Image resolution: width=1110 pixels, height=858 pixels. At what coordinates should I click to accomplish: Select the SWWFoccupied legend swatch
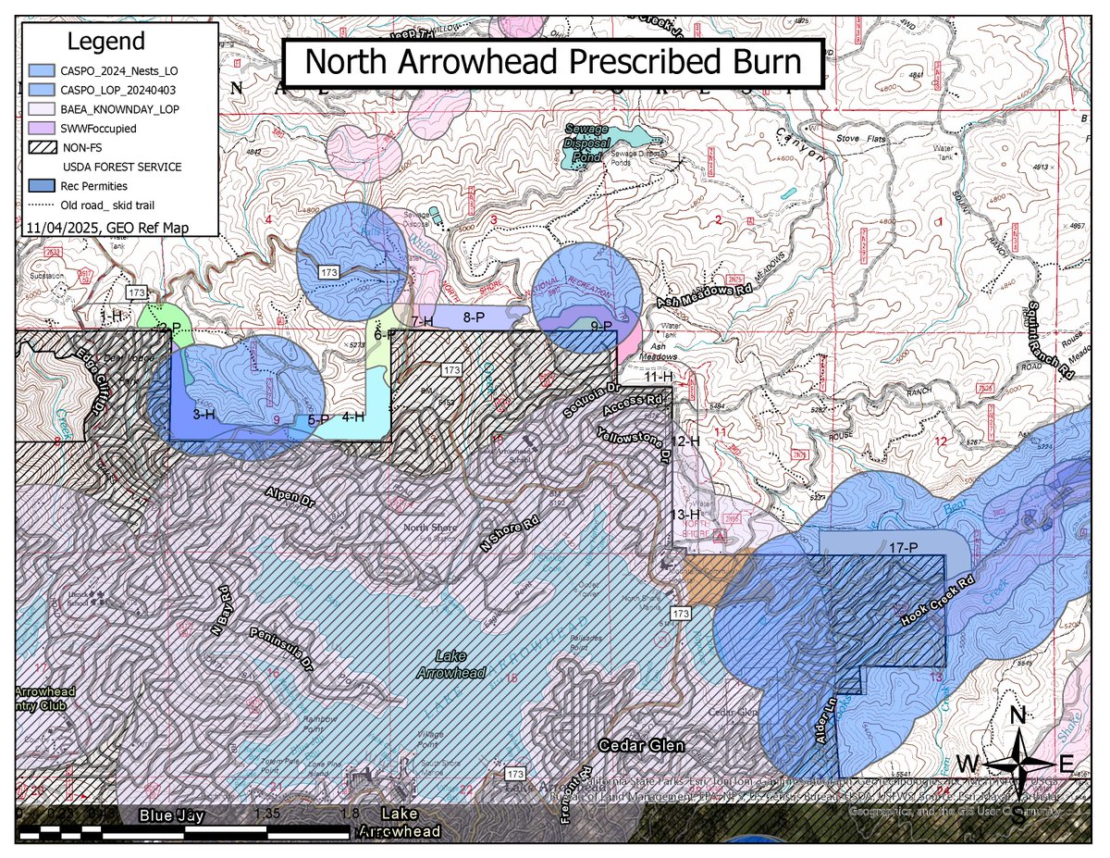pos(42,128)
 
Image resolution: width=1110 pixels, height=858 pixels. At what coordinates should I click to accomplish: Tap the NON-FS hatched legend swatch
pos(42,147)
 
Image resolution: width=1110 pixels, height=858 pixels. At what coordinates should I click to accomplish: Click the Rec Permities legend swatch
pos(42,186)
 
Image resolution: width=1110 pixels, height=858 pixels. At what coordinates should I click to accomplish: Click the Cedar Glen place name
pos(636,745)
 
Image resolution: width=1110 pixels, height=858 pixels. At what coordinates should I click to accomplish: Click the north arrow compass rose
pos(1017,763)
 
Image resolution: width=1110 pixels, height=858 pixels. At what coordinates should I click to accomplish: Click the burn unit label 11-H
pos(658,377)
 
